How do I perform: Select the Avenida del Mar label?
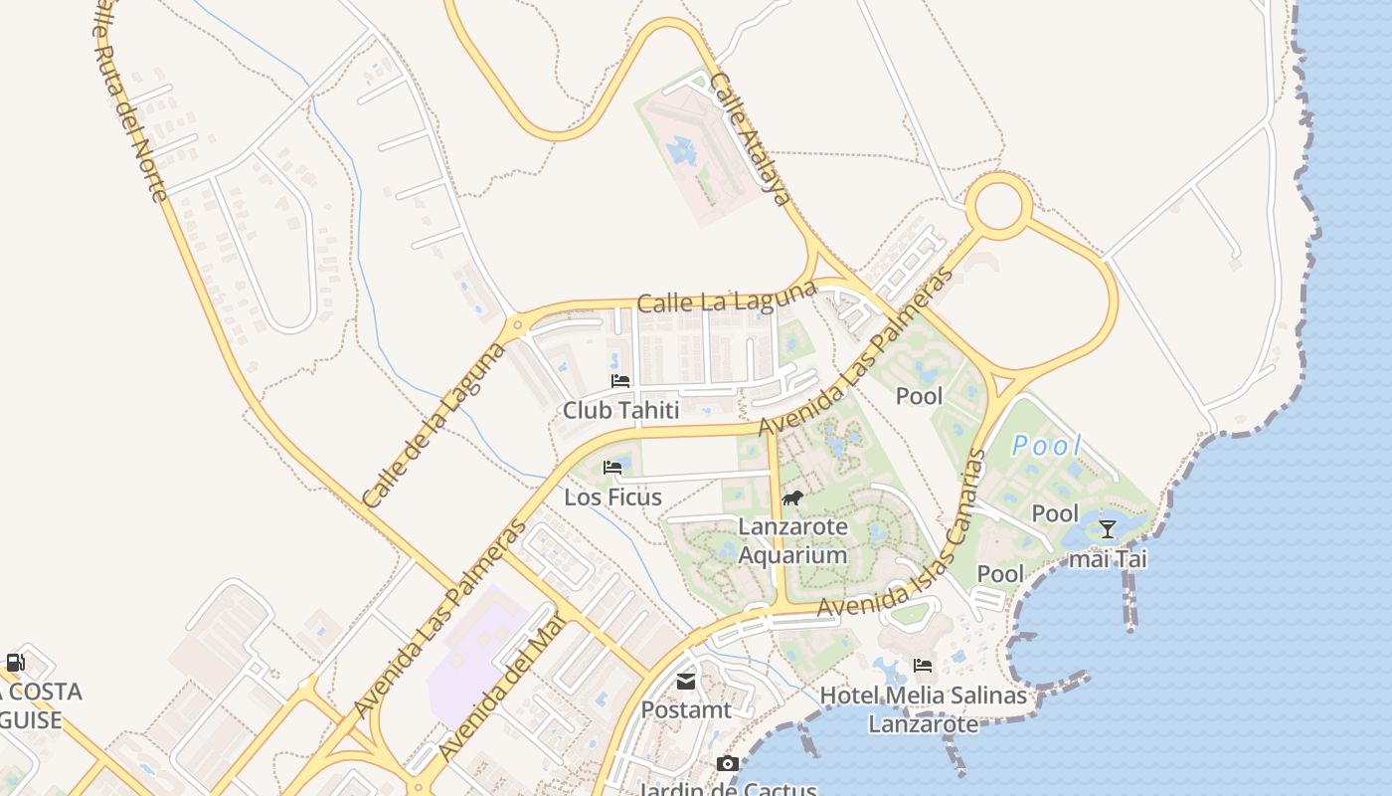coord(501,687)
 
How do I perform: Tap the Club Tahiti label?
coord(620,410)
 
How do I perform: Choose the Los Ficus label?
coord(612,497)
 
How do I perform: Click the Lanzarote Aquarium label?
coord(792,540)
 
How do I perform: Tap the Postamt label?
coord(686,710)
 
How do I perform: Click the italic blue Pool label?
coord(1046,446)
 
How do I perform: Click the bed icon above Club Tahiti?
coord(620,381)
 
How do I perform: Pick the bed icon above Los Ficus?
coord(612,468)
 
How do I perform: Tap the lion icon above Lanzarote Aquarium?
coord(792,497)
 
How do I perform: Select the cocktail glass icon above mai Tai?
coord(1107,529)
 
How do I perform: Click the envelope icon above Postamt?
coord(686,682)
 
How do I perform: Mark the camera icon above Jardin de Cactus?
coord(728,763)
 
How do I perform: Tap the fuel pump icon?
coord(16,663)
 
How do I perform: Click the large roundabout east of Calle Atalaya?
coord(998,207)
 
